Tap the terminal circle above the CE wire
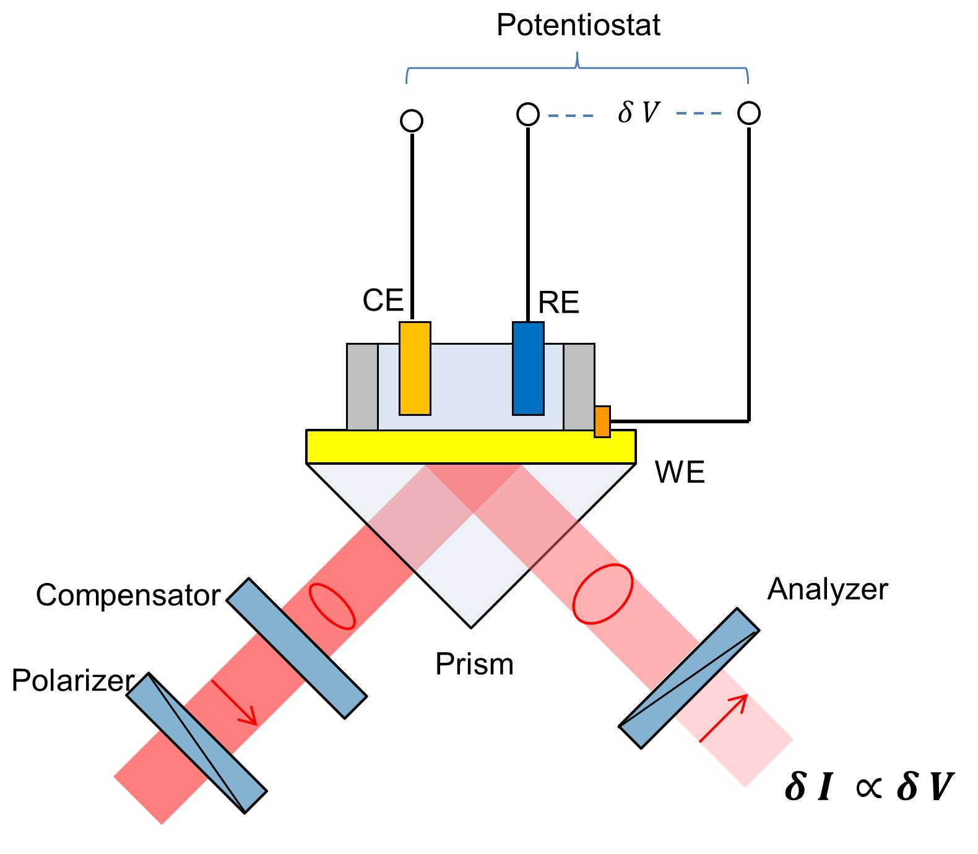click(412, 121)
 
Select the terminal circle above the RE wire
click(527, 114)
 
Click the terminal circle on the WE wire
click(749, 113)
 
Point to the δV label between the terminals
click(638, 113)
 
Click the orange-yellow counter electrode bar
click(415, 368)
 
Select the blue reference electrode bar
click(528, 368)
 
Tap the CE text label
click(383, 301)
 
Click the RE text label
click(558, 303)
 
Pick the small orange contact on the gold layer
click(602, 421)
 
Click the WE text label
click(680, 473)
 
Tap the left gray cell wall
click(362, 387)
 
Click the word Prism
click(474, 665)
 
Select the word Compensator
click(128, 595)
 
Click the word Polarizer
click(72, 681)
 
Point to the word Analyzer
click(827, 589)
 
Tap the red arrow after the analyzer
click(724, 717)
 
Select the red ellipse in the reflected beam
click(602, 593)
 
